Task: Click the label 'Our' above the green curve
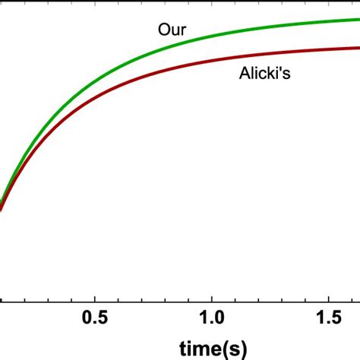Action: coord(172,31)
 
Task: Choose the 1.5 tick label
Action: coord(329,315)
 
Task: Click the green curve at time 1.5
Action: coord(329,21)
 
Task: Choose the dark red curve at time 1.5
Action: coord(329,49)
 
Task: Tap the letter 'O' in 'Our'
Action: coord(164,31)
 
